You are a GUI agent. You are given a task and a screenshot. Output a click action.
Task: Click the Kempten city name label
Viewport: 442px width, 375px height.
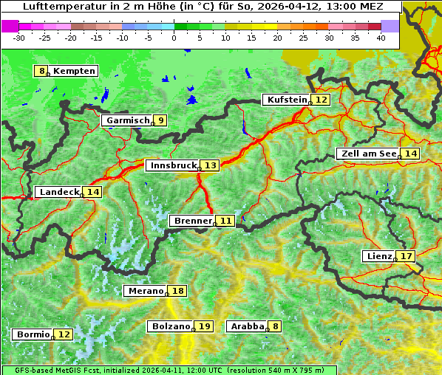coord(75,71)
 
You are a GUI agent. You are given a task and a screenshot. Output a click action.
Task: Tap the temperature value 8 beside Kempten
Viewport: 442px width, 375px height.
coord(42,71)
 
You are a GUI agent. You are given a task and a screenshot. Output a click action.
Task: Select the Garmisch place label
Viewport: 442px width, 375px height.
coord(128,120)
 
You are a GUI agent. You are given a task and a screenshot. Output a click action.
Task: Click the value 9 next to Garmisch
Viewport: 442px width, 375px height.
coord(160,120)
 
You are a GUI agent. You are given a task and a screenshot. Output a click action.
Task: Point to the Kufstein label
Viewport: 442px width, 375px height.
coord(286,100)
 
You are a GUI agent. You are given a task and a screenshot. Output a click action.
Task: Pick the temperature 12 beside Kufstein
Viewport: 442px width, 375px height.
coord(321,100)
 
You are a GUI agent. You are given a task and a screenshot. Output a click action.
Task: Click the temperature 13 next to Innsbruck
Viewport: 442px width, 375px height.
coord(211,165)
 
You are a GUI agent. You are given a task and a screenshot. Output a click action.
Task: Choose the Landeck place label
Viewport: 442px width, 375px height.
coord(59,192)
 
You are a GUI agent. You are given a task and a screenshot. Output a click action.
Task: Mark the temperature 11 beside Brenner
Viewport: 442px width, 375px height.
coord(225,221)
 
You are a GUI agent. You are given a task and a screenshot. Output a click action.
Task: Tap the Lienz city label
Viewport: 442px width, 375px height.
coord(379,256)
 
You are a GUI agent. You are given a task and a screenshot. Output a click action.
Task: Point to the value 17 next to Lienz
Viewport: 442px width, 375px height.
coord(407,256)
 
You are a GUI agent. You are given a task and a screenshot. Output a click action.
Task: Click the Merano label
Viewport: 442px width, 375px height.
coord(145,291)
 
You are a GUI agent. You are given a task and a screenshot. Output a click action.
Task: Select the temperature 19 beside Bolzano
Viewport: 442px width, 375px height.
coord(204,326)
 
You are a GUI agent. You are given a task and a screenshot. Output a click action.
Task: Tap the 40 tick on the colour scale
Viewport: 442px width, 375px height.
coord(381,37)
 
